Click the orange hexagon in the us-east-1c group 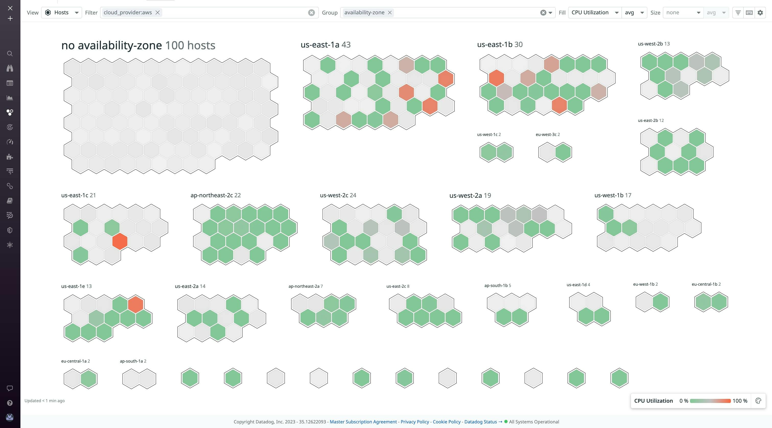[x=120, y=241]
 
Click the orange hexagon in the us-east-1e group [x=135, y=304]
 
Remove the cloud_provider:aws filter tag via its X [x=157, y=13]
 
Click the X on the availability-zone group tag [x=390, y=13]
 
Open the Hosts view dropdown [x=61, y=13]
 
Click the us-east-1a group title [x=320, y=45]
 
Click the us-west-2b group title [x=650, y=44]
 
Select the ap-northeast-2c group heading [x=212, y=195]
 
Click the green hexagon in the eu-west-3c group [x=563, y=152]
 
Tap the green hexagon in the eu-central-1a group [x=88, y=378]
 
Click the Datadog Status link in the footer [x=481, y=422]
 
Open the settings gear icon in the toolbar [x=760, y=13]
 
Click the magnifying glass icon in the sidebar [x=10, y=54]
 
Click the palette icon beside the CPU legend [x=758, y=401]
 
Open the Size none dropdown [x=683, y=13]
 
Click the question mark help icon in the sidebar [x=10, y=403]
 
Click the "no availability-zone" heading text [x=111, y=45]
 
